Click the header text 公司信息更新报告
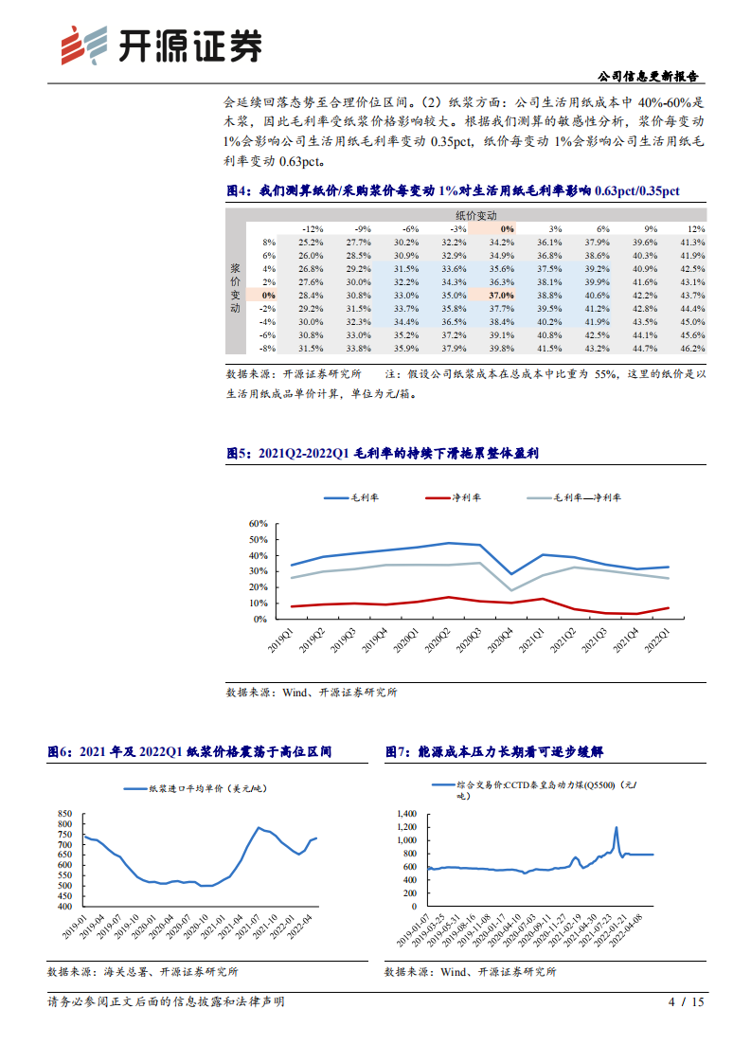pyautogui.click(x=651, y=77)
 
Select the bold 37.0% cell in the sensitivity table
pyautogui.click(x=502, y=296)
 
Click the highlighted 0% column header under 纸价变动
pyautogui.click(x=508, y=229)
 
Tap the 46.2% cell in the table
pyautogui.click(x=691, y=349)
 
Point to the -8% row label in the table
pyautogui.click(x=268, y=349)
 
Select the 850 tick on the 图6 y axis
pyautogui.click(x=64, y=814)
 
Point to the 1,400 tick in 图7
pyautogui.click(x=405, y=814)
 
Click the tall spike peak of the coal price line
pyautogui.click(x=617, y=827)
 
